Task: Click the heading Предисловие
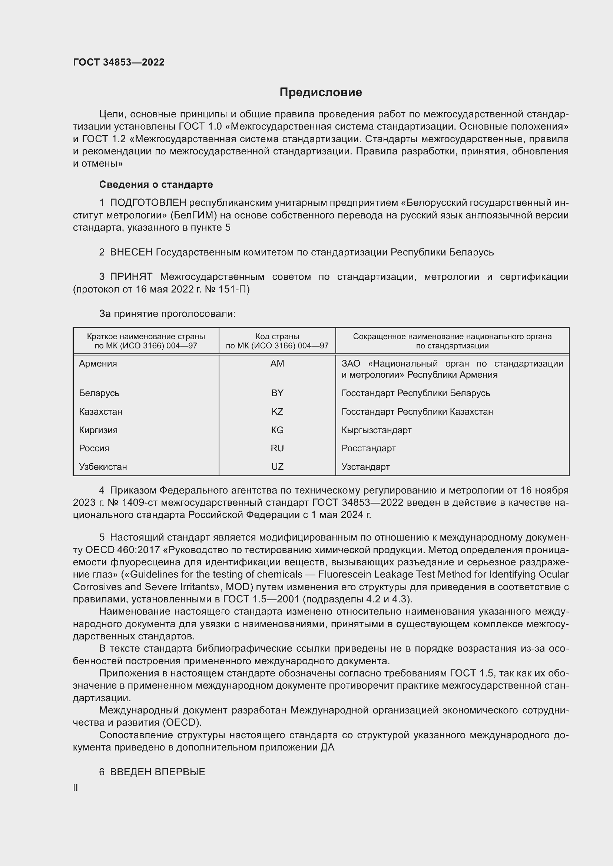(x=321, y=93)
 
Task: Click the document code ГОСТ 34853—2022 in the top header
(x=119, y=62)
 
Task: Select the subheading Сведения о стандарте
(x=156, y=184)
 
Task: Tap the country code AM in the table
(x=277, y=364)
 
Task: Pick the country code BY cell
(x=277, y=393)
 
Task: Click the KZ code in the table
(x=277, y=411)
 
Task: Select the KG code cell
(x=277, y=430)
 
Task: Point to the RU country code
(x=277, y=448)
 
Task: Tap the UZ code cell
(x=277, y=467)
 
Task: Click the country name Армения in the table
(x=98, y=364)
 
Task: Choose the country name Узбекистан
(x=103, y=467)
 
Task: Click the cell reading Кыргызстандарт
(x=376, y=430)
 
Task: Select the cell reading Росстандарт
(x=368, y=448)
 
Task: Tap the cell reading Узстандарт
(x=365, y=467)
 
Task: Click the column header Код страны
(x=277, y=337)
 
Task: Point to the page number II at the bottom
(x=76, y=788)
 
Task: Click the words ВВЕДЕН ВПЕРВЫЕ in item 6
(x=158, y=772)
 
